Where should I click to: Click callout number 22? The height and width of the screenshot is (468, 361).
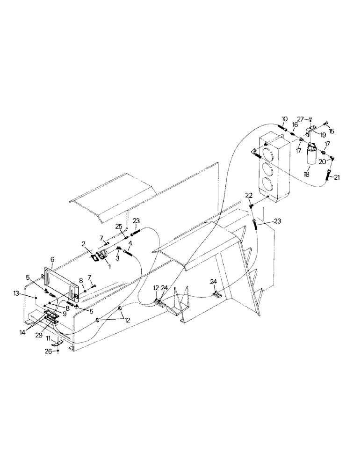(x=249, y=195)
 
